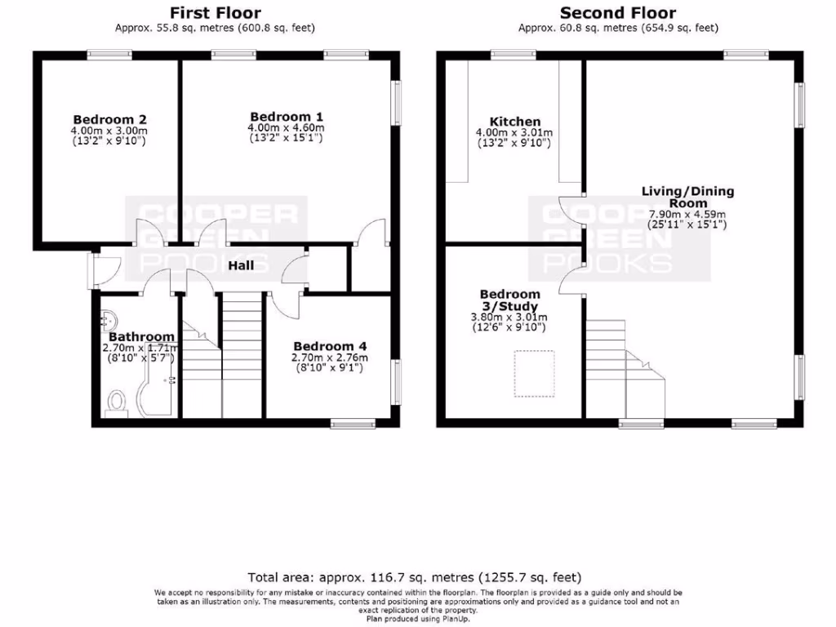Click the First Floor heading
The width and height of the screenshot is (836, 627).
tap(215, 12)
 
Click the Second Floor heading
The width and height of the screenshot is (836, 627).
tap(617, 12)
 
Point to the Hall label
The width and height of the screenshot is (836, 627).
tap(240, 265)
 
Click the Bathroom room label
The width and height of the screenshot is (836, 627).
tap(141, 336)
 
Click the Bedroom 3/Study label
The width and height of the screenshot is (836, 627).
tap(509, 300)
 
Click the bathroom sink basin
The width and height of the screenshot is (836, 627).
tap(110, 318)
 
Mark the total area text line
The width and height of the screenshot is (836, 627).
tap(415, 576)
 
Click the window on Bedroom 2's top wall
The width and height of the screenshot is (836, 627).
tap(110, 55)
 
